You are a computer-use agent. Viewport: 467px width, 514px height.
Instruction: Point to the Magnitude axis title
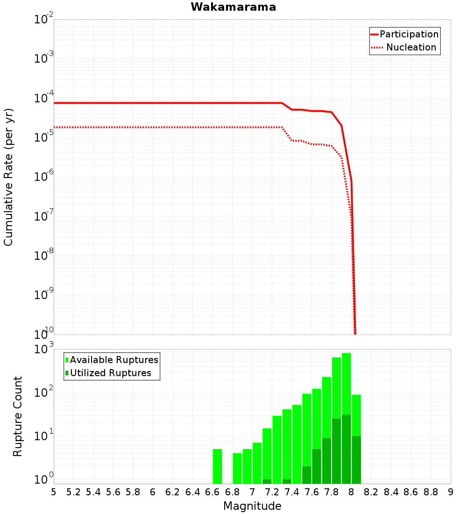pos(252,506)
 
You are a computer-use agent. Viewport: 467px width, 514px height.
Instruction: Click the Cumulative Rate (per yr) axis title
pos(8,177)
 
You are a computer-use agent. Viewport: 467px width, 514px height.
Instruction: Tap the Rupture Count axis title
pos(18,416)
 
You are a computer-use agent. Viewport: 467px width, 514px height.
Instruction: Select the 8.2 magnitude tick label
pos(371,492)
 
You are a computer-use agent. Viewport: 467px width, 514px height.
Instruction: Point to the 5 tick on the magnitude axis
pos(54,492)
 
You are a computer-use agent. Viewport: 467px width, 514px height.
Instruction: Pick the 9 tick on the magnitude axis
pos(450,492)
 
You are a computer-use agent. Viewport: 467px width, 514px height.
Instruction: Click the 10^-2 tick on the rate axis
pos(44,20)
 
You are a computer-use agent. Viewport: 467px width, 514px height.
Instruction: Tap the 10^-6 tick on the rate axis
pos(44,177)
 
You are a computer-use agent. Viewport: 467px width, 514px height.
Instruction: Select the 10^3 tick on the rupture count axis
pos(44,350)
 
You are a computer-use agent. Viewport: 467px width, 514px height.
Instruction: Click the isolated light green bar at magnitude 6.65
pos(217,466)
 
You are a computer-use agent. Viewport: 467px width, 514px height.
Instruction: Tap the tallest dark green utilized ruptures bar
pos(347,449)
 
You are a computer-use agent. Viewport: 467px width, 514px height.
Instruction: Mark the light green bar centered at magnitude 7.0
pos(257,463)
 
